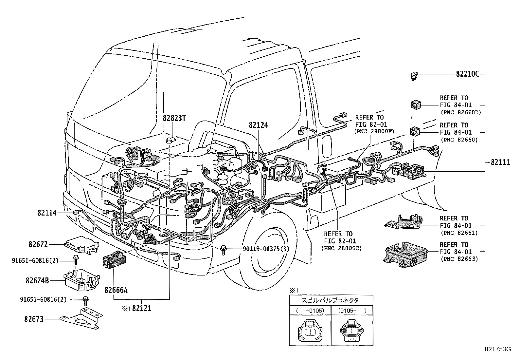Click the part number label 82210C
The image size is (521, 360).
[x=467, y=74]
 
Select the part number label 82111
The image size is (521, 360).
[x=500, y=162]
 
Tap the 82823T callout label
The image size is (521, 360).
[x=174, y=118]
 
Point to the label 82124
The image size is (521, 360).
[x=258, y=125]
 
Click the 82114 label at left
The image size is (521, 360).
[x=47, y=213]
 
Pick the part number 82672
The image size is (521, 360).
[x=38, y=244]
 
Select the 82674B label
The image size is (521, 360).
[x=37, y=281]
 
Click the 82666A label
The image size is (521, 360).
[x=116, y=290]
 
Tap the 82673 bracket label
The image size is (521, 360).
[x=34, y=319]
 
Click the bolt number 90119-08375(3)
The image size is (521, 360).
[x=266, y=249]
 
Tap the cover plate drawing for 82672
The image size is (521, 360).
[x=82, y=244]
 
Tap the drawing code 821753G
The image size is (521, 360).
[x=497, y=349]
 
